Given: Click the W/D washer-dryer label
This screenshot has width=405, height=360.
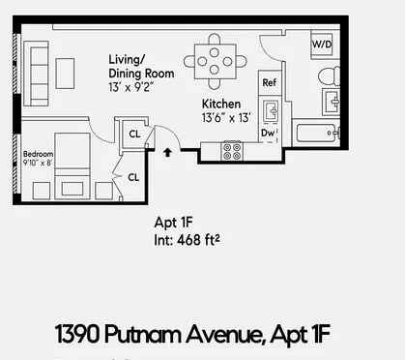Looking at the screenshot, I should (322, 45).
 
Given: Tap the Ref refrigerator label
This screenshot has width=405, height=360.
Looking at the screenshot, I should (270, 83).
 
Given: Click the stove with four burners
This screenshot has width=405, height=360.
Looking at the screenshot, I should (233, 151).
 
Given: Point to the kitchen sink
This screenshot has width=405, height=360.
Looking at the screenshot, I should (271, 108).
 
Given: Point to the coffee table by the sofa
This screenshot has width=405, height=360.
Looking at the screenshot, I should (66, 74).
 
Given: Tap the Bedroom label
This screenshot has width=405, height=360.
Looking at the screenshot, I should (39, 154).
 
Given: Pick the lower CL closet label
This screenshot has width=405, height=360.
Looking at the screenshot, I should (132, 176).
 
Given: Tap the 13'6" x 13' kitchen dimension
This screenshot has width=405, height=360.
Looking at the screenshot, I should (226, 117).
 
